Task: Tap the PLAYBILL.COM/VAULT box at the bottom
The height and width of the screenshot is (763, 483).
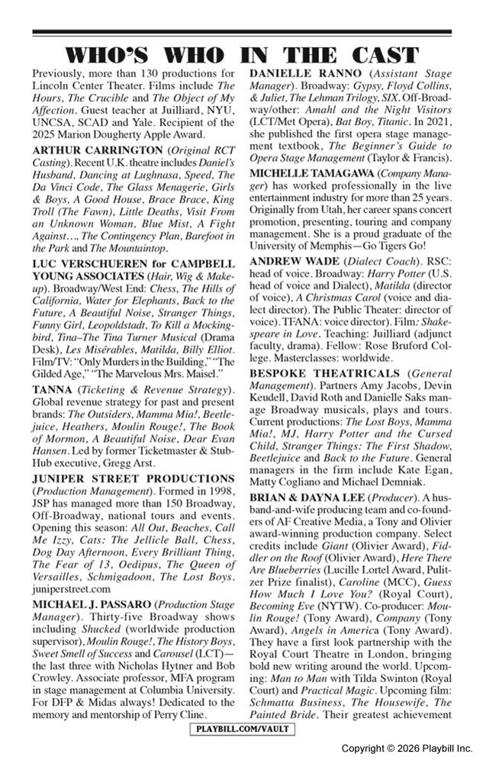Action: [241, 730]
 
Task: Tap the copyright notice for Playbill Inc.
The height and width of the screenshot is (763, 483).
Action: [407, 748]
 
